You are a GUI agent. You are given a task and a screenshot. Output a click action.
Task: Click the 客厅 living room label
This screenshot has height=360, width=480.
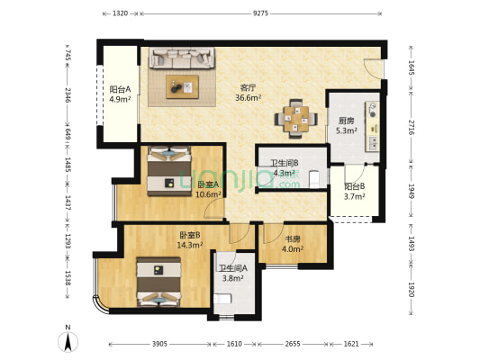[248, 87]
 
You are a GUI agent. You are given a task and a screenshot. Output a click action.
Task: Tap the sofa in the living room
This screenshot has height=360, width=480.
[183, 58]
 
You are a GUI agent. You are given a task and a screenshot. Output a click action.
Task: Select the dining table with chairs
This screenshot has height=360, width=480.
[295, 118]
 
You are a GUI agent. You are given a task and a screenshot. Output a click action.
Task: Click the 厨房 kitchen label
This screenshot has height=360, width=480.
[346, 121]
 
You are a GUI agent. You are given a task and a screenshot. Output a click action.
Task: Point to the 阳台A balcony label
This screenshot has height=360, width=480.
[121, 89]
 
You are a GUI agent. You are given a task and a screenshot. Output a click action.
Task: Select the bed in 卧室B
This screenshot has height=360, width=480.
[158, 278]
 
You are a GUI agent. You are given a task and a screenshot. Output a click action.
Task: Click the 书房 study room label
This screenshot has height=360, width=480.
[293, 239]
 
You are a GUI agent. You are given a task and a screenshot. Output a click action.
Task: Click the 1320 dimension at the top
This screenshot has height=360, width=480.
[119, 13]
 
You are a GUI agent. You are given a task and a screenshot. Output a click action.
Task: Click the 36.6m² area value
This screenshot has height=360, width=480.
[248, 98]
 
